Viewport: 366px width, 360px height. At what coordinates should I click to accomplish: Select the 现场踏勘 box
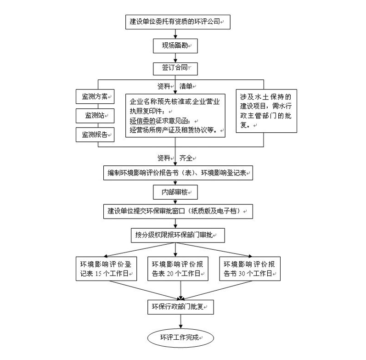tap(175, 45)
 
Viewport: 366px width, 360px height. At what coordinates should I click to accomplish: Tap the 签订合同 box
tap(175, 68)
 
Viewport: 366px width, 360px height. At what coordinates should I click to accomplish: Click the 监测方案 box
tap(95, 96)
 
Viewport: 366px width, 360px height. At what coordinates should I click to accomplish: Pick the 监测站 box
tap(95, 115)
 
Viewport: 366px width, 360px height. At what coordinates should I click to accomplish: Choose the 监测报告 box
tap(95, 135)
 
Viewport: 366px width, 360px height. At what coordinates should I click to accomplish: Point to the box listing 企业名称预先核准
tap(176, 116)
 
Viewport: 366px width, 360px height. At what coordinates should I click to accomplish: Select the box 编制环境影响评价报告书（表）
tap(177, 173)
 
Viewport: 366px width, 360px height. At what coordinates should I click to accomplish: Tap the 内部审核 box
tap(175, 192)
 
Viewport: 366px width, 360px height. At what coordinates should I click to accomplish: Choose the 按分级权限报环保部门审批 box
tap(177, 235)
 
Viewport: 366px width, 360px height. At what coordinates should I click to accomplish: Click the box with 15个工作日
tap(106, 269)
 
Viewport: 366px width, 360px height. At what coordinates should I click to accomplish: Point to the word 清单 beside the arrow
tap(186, 86)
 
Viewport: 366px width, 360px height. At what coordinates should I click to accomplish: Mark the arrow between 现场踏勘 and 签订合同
tap(175, 57)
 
